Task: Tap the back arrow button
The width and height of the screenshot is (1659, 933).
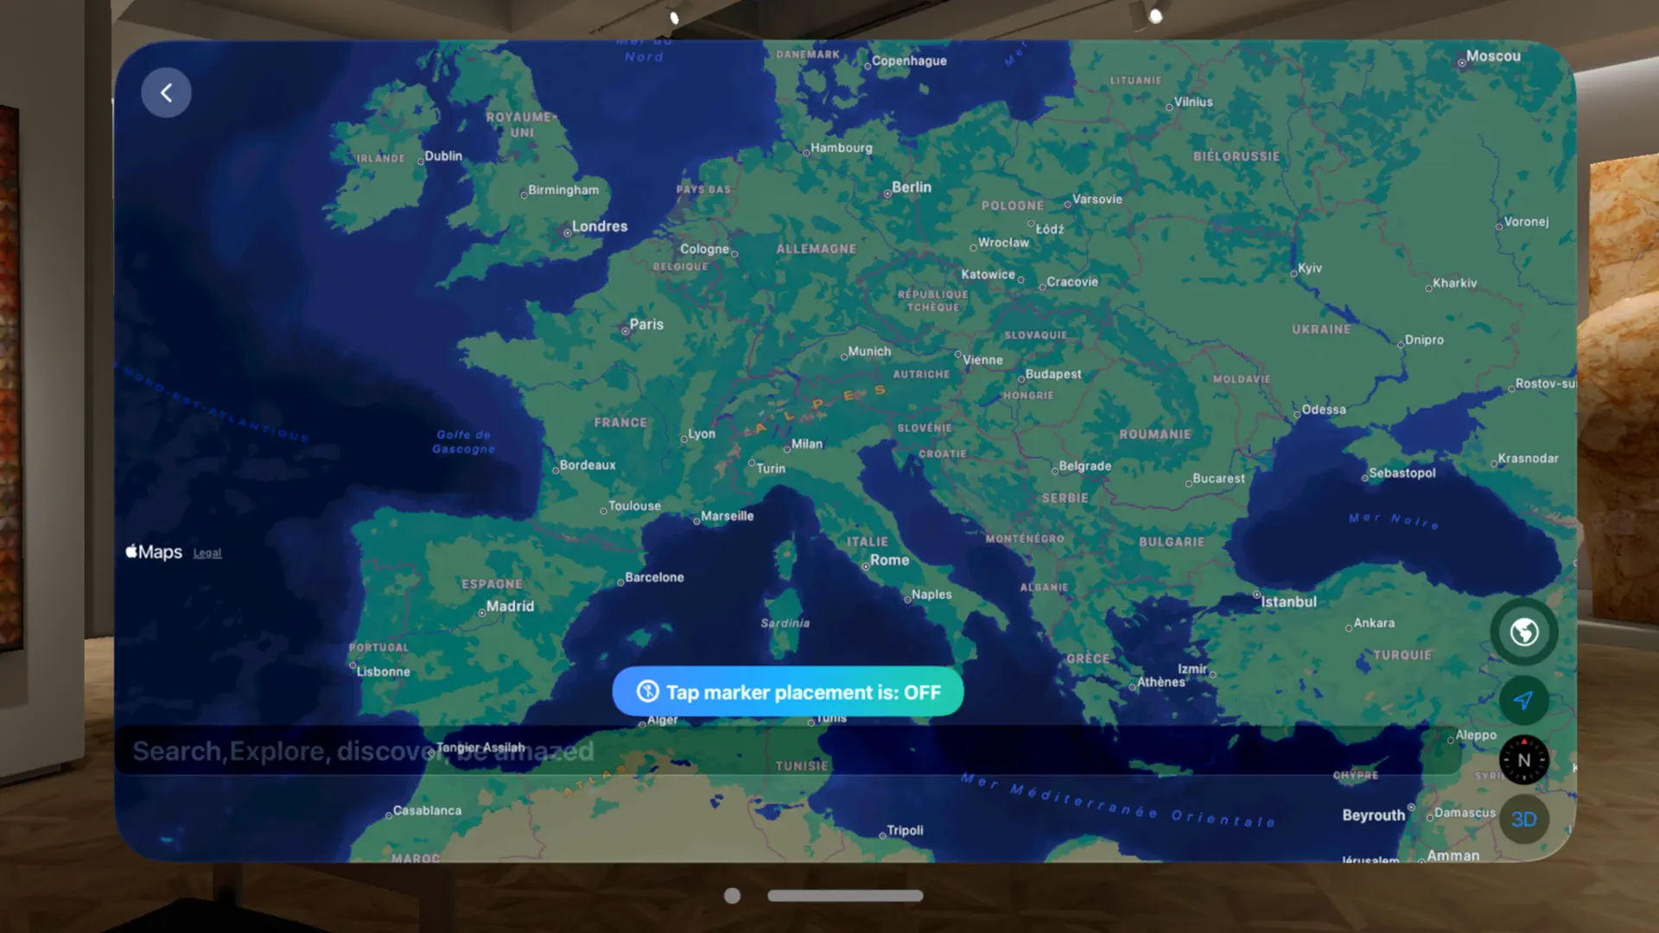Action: [x=166, y=92]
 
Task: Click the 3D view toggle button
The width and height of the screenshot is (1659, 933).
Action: [x=1523, y=819]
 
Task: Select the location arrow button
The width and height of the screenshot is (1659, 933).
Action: [x=1523, y=701]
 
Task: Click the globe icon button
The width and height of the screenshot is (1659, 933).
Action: [x=1523, y=632]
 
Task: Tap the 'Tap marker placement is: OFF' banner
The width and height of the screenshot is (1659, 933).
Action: [x=787, y=692]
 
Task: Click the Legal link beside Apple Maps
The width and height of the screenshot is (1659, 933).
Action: [x=207, y=553]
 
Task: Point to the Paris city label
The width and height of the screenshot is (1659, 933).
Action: [x=645, y=324]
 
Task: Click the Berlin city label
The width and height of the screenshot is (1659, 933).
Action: [x=911, y=187]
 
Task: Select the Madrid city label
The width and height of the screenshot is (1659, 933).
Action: [x=510, y=606]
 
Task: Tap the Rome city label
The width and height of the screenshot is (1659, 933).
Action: [x=889, y=560]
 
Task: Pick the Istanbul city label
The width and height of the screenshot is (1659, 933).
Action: [x=1288, y=601]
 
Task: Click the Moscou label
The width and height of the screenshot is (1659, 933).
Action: [x=1492, y=56]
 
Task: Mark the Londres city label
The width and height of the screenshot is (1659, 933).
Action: [x=599, y=226]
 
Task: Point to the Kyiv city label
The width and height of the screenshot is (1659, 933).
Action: [x=1309, y=268]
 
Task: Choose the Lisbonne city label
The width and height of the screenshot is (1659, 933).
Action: [x=383, y=671]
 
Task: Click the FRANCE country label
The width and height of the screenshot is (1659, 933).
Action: [x=620, y=422]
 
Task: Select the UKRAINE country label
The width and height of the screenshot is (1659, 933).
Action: [x=1321, y=329]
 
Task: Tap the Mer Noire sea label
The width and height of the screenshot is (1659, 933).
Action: [x=1394, y=520]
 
